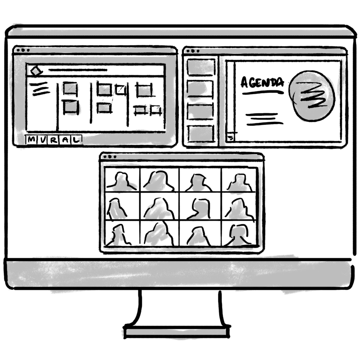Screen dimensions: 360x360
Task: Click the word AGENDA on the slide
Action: (x=262, y=83)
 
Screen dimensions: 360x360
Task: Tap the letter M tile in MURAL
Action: (x=31, y=140)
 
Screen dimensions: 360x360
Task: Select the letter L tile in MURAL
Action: (x=76, y=140)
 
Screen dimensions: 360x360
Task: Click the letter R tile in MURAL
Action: (x=54, y=140)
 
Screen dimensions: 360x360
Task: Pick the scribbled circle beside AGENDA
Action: (x=311, y=96)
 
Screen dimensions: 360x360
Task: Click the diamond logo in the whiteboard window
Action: (x=36, y=71)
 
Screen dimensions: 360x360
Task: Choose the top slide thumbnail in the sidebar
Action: (x=201, y=67)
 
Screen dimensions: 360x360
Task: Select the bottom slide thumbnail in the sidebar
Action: (x=201, y=134)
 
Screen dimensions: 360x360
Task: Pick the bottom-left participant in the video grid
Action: (x=118, y=235)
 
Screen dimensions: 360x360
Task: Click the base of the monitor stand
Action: (x=177, y=332)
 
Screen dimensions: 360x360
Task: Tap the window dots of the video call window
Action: (x=109, y=157)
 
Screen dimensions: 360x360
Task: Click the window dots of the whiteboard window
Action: (x=23, y=50)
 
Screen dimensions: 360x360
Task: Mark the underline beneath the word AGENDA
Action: (x=263, y=93)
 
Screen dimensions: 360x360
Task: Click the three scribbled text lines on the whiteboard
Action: (x=39, y=89)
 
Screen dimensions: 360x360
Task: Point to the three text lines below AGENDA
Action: (x=264, y=119)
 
